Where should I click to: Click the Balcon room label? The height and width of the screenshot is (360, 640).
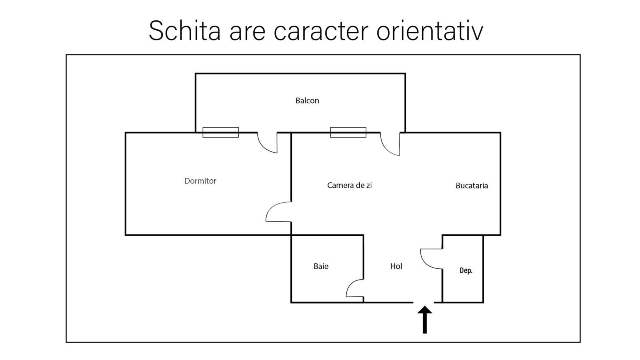click(x=307, y=100)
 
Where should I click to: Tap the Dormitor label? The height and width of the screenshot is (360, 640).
click(x=200, y=181)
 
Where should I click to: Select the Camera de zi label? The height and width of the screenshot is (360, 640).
click(x=349, y=185)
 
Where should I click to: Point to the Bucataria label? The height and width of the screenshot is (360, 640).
click(x=472, y=186)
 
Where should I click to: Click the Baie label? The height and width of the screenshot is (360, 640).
click(x=321, y=266)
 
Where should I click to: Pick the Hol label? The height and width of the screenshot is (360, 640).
click(x=396, y=266)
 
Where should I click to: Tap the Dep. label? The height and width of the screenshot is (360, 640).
click(x=466, y=271)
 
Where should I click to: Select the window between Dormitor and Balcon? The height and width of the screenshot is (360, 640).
click(x=220, y=132)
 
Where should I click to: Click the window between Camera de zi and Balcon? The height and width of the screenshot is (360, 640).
click(x=348, y=132)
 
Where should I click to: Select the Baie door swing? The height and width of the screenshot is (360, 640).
click(x=355, y=288)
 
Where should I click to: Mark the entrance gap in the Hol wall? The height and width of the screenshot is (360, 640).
click(x=424, y=302)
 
